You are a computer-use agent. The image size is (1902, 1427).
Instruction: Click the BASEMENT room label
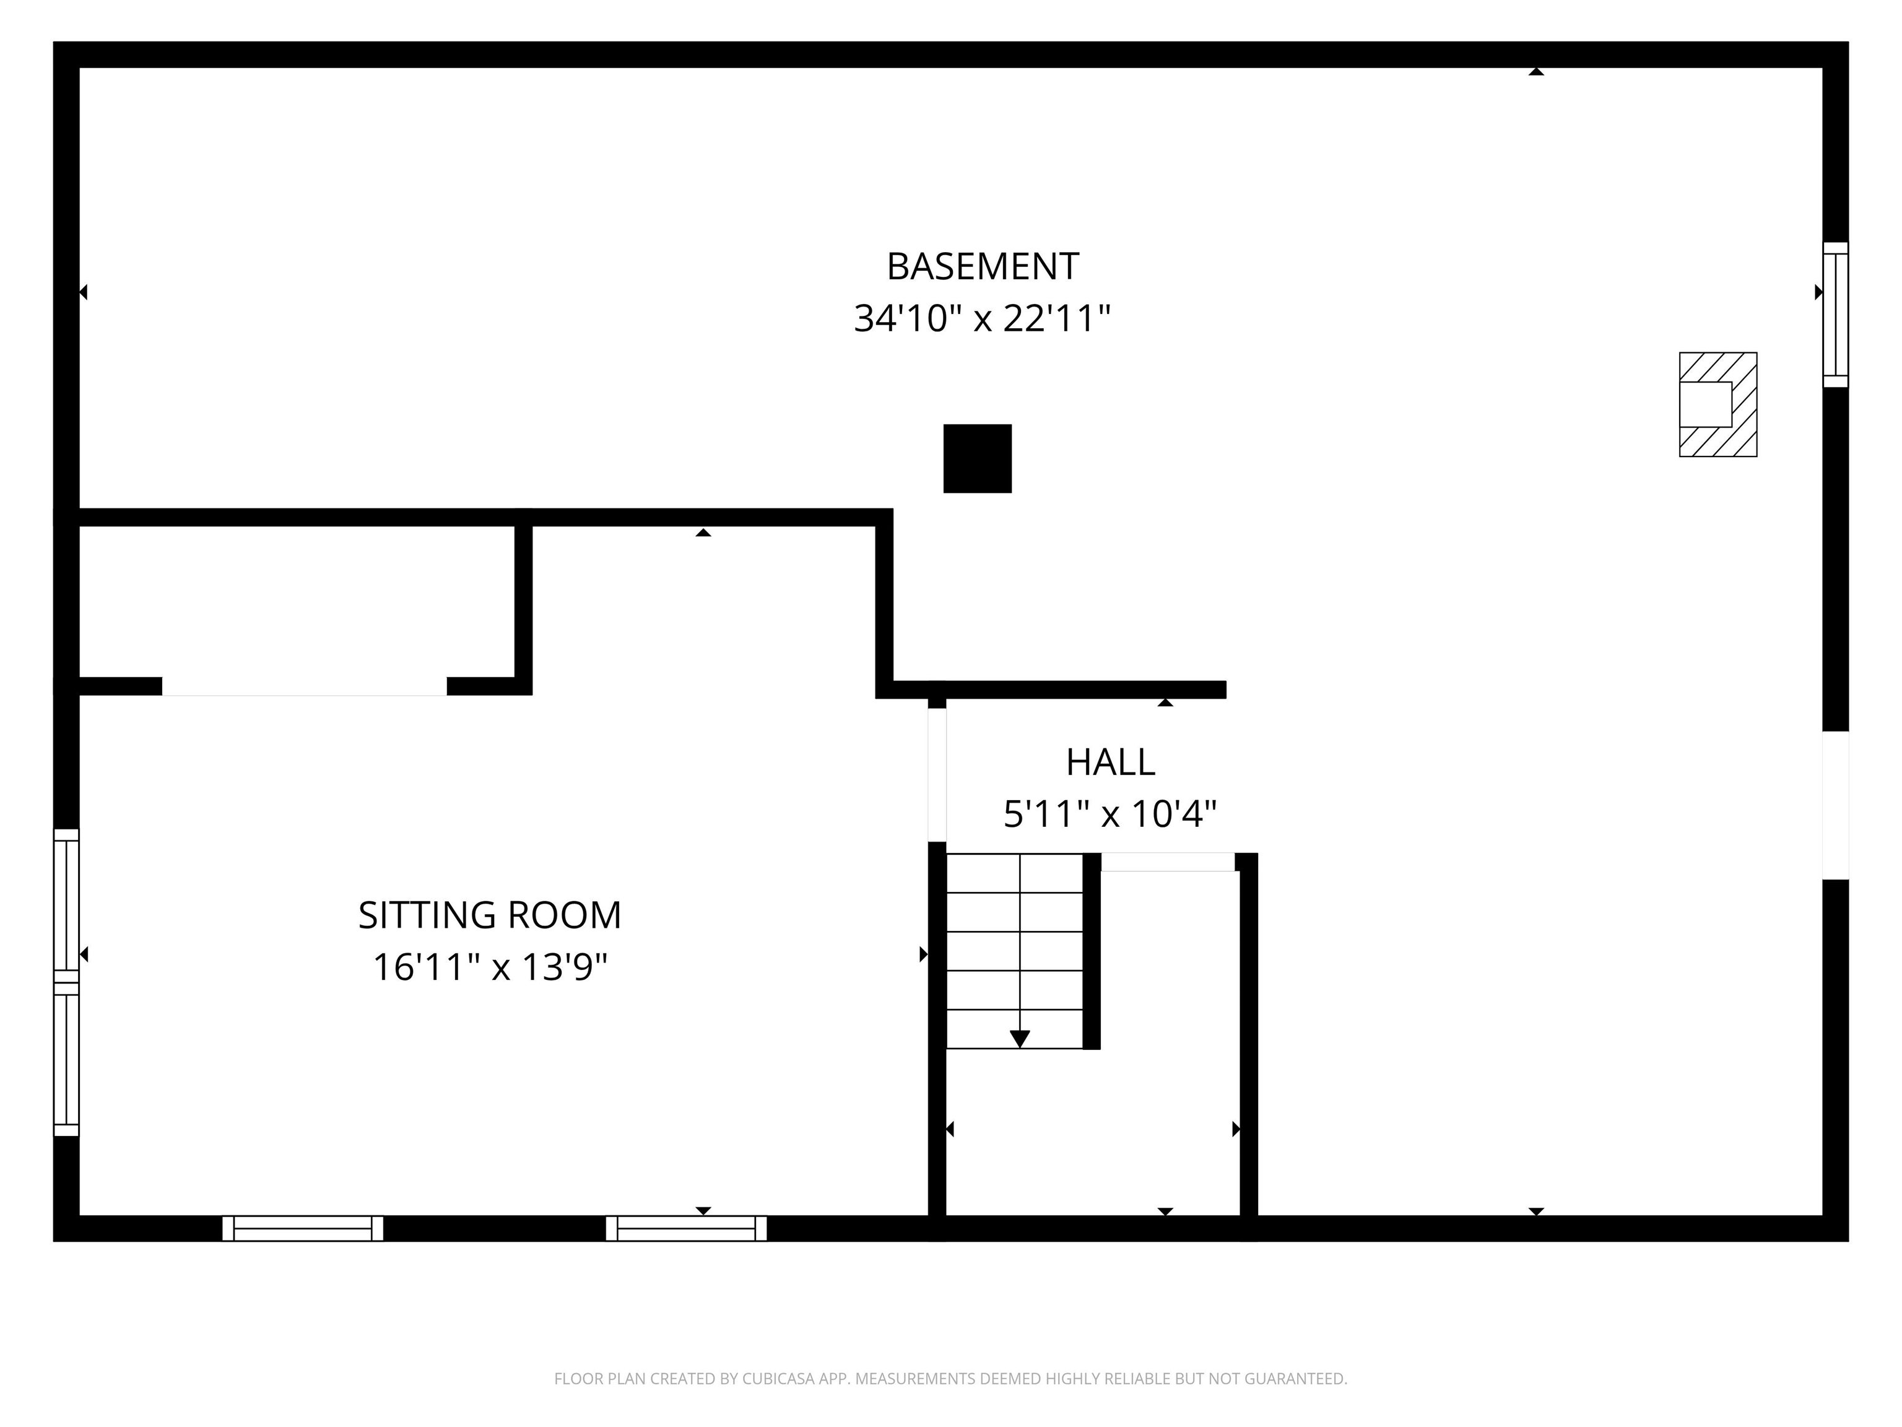(x=982, y=267)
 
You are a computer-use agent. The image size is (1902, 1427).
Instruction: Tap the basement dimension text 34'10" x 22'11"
(x=982, y=319)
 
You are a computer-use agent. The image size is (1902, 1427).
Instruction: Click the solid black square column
(x=977, y=458)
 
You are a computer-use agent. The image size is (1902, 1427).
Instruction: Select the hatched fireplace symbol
(x=1717, y=404)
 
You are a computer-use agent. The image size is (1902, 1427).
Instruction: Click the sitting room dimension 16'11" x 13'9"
(x=489, y=967)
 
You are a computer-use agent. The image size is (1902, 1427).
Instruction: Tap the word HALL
(x=1110, y=762)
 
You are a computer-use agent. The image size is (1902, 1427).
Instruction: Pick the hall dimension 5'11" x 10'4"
(x=1110, y=814)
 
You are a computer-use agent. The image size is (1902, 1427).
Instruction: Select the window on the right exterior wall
(x=1835, y=315)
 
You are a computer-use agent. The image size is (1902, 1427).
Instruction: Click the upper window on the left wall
(x=66, y=905)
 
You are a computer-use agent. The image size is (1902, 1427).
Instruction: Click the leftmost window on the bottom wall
(x=303, y=1228)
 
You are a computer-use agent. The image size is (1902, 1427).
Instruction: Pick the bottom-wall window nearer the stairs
(x=686, y=1228)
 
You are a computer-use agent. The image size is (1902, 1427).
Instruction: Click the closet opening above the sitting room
(x=305, y=686)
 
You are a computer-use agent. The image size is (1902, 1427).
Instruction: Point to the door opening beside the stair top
(x=1168, y=862)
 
